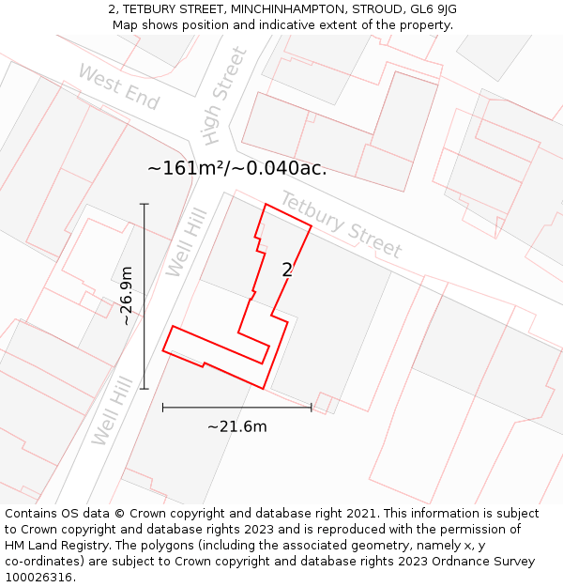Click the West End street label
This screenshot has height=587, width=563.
pos(118,86)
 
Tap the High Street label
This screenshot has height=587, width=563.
pos(224,96)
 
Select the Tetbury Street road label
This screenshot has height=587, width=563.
pos(341,225)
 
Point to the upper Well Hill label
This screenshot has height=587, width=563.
pos(185,243)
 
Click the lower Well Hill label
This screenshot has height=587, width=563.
pos(111,409)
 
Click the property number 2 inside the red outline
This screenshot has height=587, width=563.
pos(287,270)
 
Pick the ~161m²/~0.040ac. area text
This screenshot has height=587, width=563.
pos(237,169)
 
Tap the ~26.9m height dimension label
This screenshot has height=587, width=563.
pos(126,296)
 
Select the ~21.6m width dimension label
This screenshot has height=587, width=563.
pos(236,426)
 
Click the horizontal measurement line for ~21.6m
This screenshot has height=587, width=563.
pos(236,407)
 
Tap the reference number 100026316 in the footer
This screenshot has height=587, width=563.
pos(39,578)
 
